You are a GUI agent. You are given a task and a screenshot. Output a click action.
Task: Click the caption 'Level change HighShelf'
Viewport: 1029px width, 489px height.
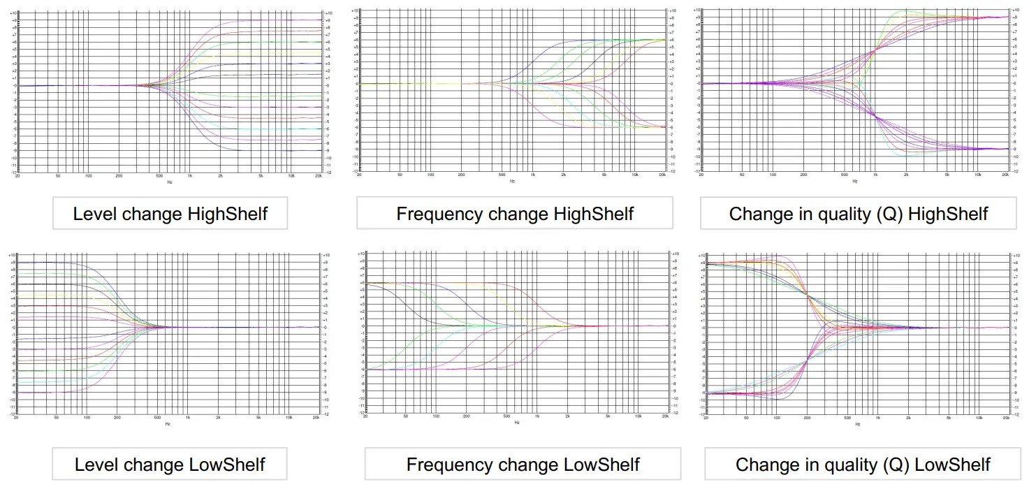coord(170,213)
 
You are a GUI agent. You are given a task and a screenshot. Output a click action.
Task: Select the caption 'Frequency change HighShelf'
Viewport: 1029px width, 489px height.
coord(515,213)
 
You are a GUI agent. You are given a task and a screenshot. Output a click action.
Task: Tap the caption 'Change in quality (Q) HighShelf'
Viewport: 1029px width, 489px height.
coord(859,213)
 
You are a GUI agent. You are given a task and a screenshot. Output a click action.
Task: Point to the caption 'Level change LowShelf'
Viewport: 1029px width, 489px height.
coord(170,465)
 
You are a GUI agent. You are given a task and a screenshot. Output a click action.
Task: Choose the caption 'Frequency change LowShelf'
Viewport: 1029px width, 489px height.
coord(523,465)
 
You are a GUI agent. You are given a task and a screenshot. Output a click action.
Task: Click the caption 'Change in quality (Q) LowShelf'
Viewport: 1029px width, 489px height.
coord(863,465)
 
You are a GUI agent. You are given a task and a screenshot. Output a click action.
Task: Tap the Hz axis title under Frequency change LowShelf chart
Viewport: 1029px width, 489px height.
coord(517,423)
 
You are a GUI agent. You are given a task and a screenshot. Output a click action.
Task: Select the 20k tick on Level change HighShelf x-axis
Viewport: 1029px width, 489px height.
coord(319,176)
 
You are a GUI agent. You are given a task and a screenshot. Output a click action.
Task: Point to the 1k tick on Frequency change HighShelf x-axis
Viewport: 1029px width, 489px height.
coord(532,175)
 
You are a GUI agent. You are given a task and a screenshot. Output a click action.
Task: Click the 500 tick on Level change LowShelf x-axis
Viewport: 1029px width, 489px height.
coord(159,417)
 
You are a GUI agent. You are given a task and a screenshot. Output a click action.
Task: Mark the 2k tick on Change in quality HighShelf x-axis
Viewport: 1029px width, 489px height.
coord(907,175)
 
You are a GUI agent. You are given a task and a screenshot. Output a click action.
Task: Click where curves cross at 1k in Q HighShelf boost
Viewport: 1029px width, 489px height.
coord(875,50)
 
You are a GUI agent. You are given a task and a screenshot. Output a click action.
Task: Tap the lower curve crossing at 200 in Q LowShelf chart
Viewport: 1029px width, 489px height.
coord(808,360)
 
